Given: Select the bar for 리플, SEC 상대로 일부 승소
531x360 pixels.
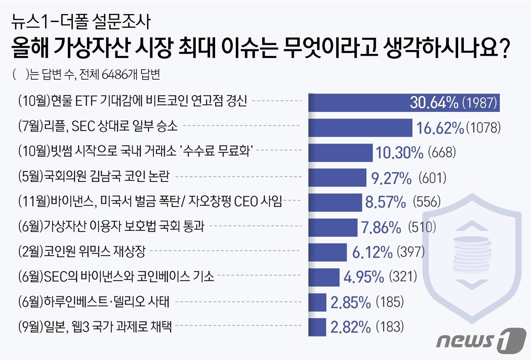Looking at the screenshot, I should (360, 128).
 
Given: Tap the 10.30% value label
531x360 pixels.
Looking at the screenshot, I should (399, 153).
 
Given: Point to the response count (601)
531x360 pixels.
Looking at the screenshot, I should (432, 178).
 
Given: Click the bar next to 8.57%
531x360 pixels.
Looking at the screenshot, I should (335, 202).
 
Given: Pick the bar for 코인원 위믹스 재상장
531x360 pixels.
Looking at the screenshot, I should (327, 252).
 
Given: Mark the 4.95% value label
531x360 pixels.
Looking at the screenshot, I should (364, 277).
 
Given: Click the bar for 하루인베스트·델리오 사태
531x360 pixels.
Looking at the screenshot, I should (317, 302).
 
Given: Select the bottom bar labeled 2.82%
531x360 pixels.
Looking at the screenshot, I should (317, 327).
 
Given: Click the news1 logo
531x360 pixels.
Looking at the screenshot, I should (481, 340).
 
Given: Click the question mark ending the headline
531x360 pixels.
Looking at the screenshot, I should (504, 48).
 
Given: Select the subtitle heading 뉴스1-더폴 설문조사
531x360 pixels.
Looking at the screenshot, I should (81, 22).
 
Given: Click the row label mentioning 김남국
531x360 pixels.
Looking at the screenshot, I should (94, 176).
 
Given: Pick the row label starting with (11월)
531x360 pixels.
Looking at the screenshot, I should (150, 201).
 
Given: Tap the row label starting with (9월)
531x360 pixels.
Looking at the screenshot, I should (95, 326).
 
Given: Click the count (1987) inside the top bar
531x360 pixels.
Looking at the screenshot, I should (479, 103).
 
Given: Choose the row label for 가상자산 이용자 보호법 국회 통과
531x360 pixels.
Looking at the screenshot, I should (111, 226).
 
